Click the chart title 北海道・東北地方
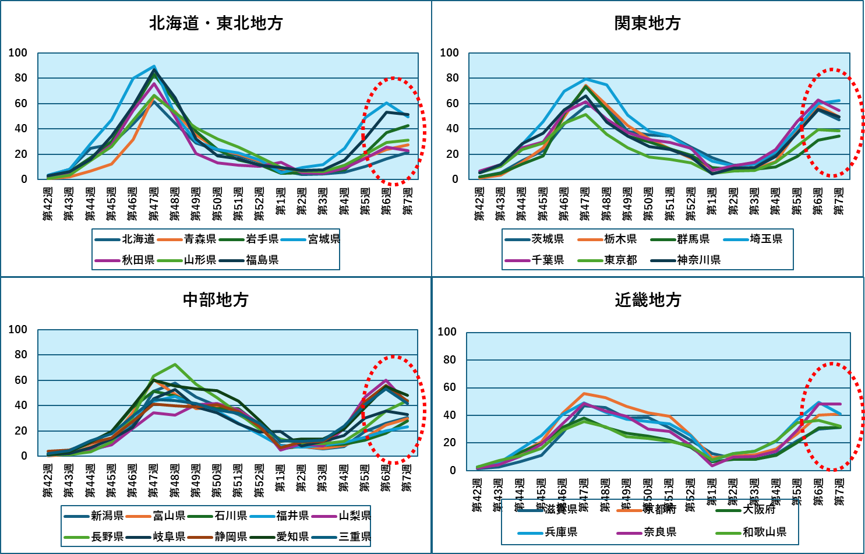point(216,23)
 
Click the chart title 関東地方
point(647,23)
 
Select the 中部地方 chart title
point(216,299)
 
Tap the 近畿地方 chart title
point(648,300)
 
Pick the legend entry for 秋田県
point(138,260)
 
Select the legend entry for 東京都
point(620,260)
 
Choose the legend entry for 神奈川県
point(698,260)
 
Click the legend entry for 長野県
point(107,537)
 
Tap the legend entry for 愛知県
point(292,537)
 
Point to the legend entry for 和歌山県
point(764,532)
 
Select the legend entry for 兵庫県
point(561,532)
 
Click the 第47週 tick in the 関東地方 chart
point(585,204)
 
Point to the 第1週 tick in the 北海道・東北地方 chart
point(280,201)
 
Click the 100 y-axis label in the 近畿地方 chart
point(447,332)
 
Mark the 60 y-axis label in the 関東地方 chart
point(449,104)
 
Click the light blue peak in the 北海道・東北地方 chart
point(154,66)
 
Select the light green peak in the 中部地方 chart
point(175,365)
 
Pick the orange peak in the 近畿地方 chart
point(584,394)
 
